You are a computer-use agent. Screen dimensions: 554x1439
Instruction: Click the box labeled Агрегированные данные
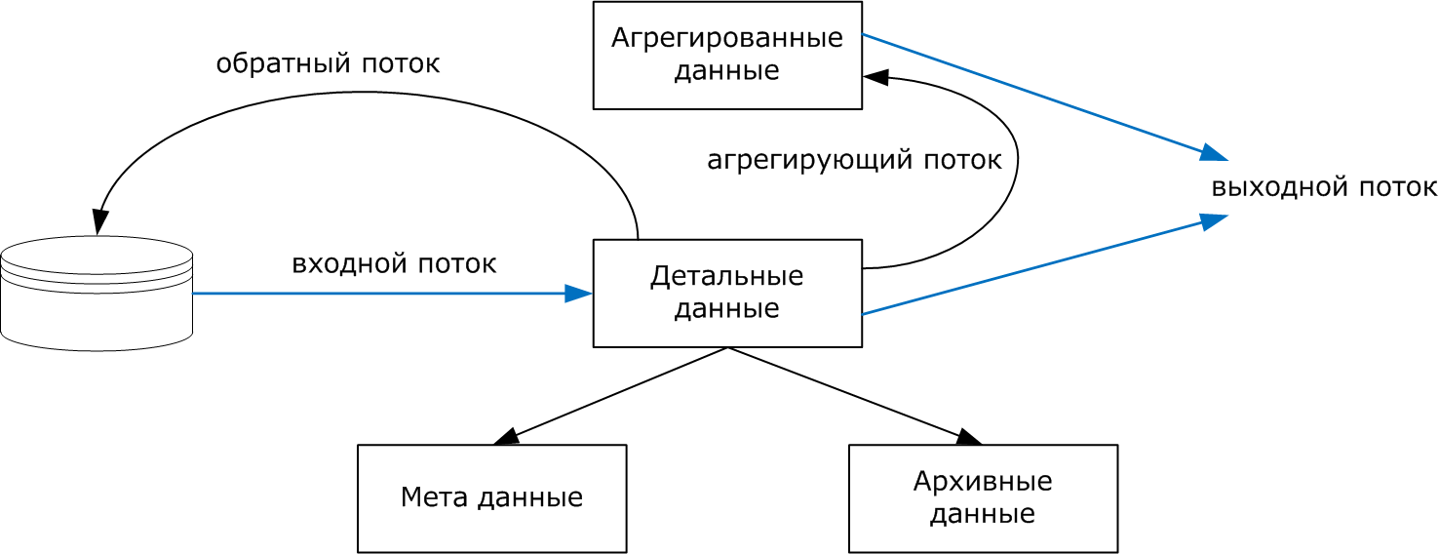(727, 55)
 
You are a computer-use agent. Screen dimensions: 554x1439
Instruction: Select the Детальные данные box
(727, 293)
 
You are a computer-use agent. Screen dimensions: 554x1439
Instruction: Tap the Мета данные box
(491, 498)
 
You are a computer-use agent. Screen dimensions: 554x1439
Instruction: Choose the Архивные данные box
(983, 498)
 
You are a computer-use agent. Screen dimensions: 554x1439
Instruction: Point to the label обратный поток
(328, 64)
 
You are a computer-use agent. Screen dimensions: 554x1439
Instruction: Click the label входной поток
(394, 263)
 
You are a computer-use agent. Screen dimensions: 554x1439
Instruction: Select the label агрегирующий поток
(854, 160)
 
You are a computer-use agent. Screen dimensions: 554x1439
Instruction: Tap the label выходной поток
(1324, 186)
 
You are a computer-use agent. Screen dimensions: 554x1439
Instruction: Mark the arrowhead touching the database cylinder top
(98, 222)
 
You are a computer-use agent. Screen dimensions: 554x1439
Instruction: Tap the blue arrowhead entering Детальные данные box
(579, 293)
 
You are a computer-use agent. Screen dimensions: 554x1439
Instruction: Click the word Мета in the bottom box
(435, 498)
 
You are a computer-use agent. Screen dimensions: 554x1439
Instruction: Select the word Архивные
(983, 482)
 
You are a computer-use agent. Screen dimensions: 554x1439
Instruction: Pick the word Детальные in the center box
(727, 276)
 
